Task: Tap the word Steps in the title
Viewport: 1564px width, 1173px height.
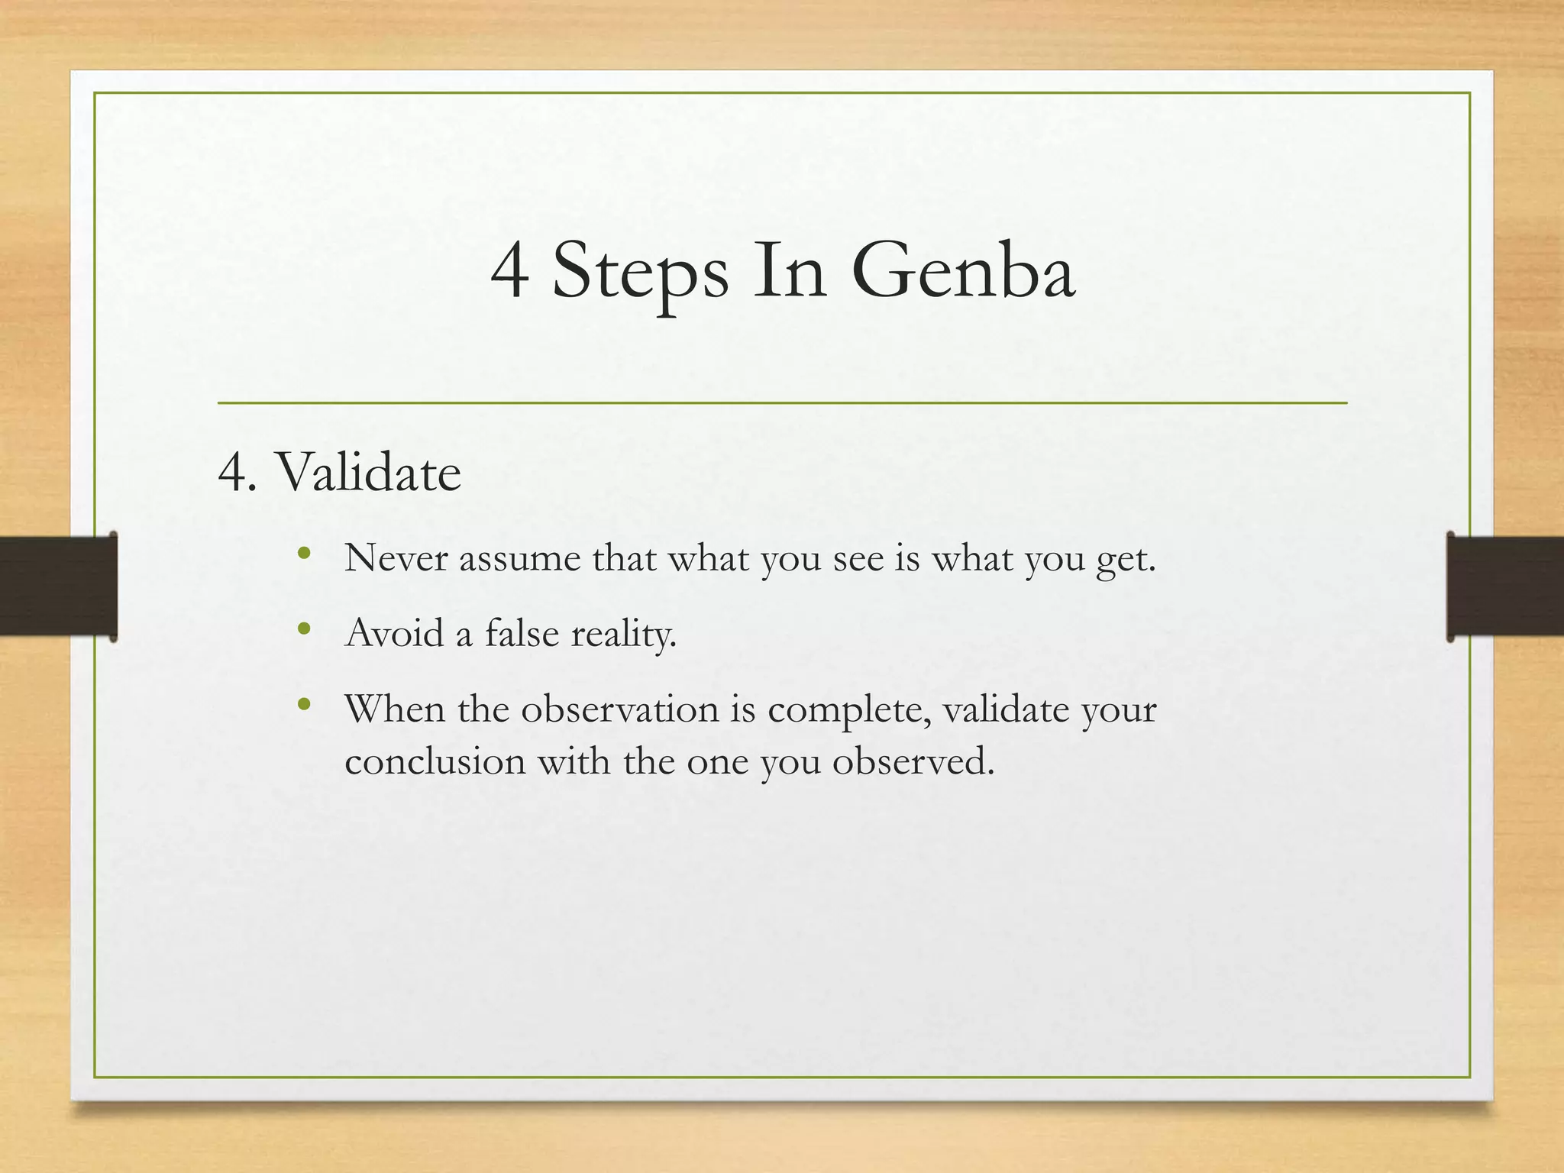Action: (x=640, y=273)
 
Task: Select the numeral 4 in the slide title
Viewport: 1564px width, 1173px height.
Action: (x=509, y=272)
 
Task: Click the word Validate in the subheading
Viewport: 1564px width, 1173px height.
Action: (x=368, y=472)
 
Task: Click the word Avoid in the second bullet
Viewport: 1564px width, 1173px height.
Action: (x=394, y=633)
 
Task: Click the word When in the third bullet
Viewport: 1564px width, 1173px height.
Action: (x=395, y=709)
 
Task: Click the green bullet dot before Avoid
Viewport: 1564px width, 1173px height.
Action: (x=305, y=629)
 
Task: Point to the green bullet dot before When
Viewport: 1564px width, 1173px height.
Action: (x=305, y=704)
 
